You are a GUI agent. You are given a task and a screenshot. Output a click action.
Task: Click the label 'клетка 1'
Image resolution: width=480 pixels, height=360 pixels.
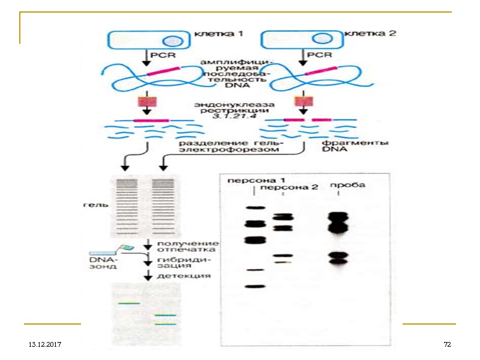pos(218,35)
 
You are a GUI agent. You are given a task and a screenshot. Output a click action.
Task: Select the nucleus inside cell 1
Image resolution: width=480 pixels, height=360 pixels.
pos(174,41)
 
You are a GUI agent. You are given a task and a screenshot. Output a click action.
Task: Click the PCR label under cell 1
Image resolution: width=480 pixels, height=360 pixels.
pos(164,56)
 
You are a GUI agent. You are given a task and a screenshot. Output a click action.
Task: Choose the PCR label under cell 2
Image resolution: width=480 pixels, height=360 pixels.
pos(319,55)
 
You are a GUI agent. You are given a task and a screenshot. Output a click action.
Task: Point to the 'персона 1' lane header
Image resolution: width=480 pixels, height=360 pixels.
pos(256,180)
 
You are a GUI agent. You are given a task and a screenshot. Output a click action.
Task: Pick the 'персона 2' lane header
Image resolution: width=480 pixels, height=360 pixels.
pos(290,188)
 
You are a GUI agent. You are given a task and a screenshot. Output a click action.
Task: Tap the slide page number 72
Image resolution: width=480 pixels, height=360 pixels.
pos(446,345)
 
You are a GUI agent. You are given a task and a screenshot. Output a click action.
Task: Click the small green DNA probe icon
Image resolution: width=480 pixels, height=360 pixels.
pos(127,248)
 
